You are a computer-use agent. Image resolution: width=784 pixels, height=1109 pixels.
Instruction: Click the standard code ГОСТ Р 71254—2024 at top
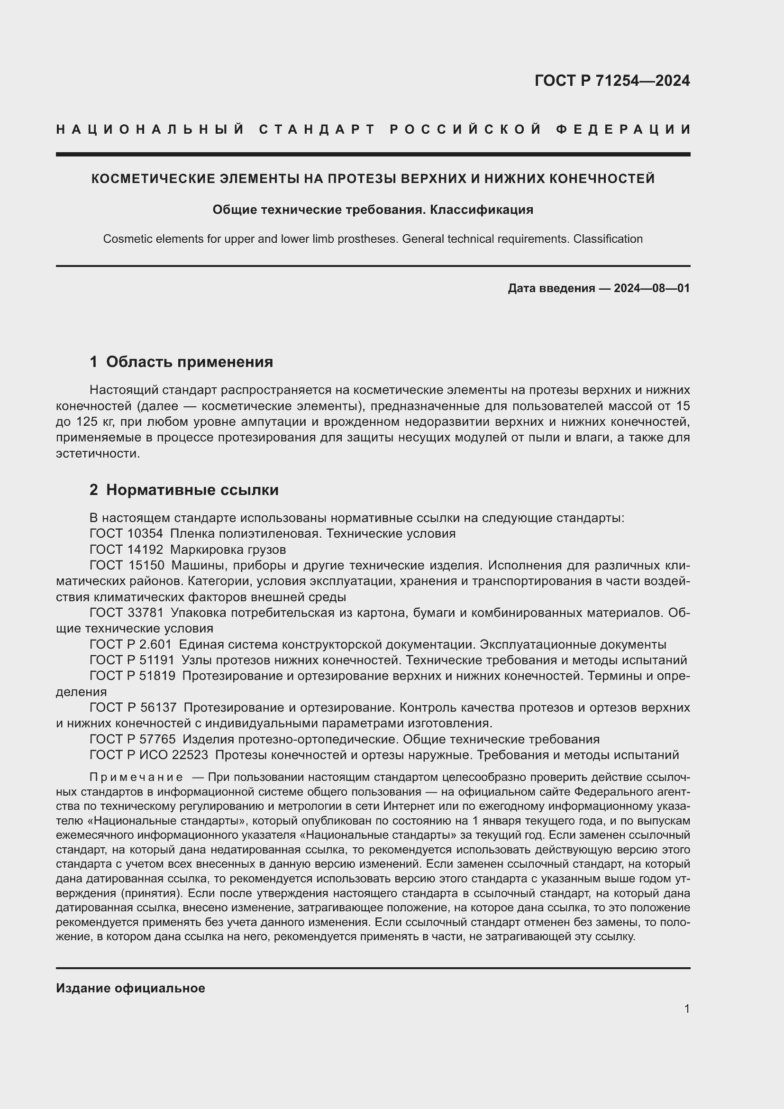click(x=611, y=81)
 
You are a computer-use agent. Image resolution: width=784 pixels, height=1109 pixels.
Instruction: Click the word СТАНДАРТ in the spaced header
click(x=317, y=129)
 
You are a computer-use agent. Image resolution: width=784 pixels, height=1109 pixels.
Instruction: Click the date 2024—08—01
click(x=652, y=288)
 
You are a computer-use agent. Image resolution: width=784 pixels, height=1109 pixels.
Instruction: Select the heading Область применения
click(x=189, y=362)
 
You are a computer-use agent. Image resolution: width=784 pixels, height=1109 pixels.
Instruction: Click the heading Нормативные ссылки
click(x=192, y=490)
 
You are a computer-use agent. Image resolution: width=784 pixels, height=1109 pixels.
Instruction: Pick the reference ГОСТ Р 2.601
click(x=130, y=644)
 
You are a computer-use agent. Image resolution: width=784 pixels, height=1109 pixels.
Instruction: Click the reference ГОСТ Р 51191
click(x=132, y=660)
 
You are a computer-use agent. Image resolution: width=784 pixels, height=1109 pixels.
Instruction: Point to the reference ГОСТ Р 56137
click(x=133, y=707)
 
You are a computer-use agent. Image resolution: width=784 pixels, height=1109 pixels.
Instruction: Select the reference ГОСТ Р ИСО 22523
click(x=149, y=755)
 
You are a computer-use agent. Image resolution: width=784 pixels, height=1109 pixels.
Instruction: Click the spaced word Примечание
click(x=136, y=777)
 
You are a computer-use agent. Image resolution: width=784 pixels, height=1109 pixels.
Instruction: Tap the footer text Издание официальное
click(x=130, y=988)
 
